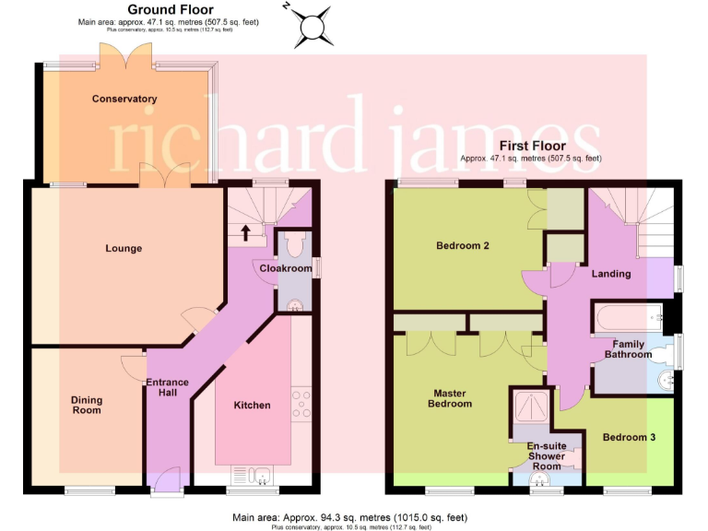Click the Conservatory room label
124,99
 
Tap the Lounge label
123,248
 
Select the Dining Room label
87,406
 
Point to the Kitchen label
252,406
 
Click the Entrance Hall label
168,388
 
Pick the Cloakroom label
286,267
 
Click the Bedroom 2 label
463,245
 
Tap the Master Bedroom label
453,398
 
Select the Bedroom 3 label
629,437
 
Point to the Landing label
611,273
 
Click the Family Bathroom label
629,348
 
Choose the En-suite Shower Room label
546,455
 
